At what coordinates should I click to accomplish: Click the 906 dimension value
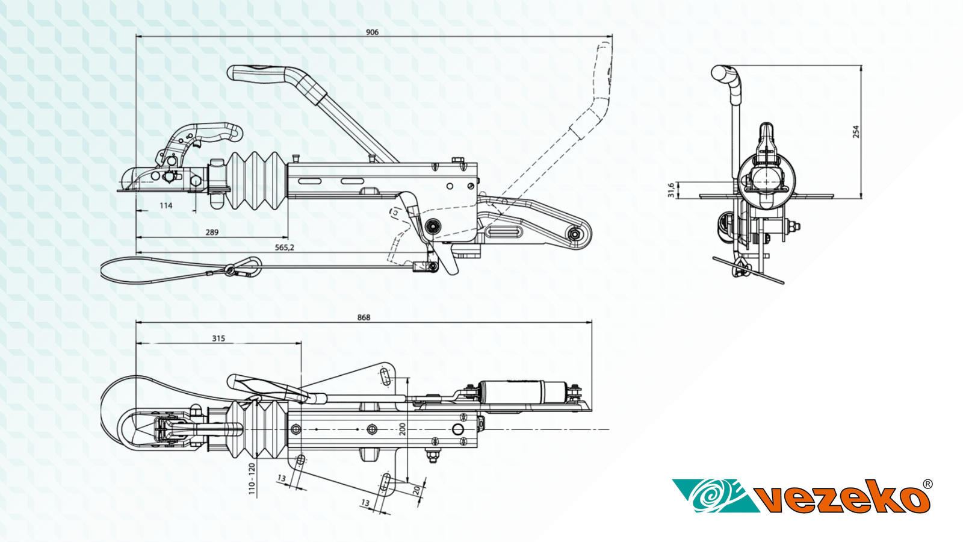pyautogui.click(x=372, y=32)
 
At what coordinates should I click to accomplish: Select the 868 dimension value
pyautogui.click(x=364, y=317)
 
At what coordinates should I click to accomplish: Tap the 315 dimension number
pyautogui.click(x=218, y=338)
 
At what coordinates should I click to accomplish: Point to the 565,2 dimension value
pyautogui.click(x=284, y=248)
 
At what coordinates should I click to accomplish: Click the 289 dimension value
pyautogui.click(x=212, y=232)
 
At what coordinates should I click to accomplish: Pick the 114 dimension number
pyautogui.click(x=166, y=205)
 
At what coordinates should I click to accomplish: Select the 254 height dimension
pyautogui.click(x=856, y=132)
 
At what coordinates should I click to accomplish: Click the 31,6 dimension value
pyautogui.click(x=671, y=190)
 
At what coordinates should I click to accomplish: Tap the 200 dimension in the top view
pyautogui.click(x=403, y=429)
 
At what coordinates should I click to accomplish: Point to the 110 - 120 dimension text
pyautogui.click(x=252, y=479)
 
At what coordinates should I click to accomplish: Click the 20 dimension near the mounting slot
pyautogui.click(x=416, y=490)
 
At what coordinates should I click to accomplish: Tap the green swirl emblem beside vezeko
pyautogui.click(x=713, y=495)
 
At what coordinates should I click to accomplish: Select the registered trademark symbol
pyautogui.click(x=927, y=484)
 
